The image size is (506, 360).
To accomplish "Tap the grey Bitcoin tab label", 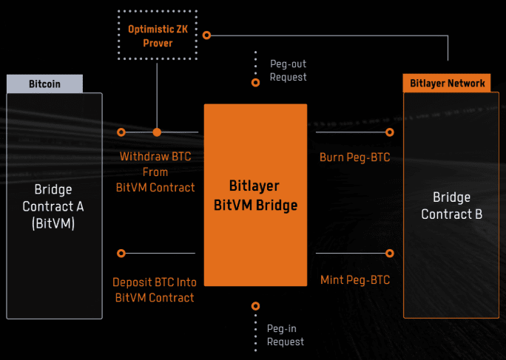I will [x=44, y=84].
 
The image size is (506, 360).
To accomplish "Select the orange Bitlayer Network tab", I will [x=448, y=83].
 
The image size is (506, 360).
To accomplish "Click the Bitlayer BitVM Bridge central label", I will [x=255, y=195].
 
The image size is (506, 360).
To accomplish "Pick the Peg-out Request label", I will [x=288, y=71].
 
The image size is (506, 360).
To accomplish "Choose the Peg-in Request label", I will [x=286, y=335].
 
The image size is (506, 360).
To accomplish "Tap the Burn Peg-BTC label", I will [x=354, y=157].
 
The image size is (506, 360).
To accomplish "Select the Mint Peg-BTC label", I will [x=354, y=280].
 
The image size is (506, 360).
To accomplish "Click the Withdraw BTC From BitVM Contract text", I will [x=155, y=172].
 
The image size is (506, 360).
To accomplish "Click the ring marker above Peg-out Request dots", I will [x=256, y=83].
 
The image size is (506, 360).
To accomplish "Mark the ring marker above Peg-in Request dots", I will [x=256, y=305].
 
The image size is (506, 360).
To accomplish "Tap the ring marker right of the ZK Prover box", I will [x=207, y=35].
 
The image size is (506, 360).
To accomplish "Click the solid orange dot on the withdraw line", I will [x=157, y=132].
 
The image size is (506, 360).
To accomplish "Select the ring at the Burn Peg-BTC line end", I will [x=390, y=132].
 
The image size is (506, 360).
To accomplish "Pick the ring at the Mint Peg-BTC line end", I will [x=390, y=254].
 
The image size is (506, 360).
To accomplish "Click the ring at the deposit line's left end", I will [x=121, y=254].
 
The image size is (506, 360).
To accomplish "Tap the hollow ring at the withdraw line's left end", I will [x=121, y=132].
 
